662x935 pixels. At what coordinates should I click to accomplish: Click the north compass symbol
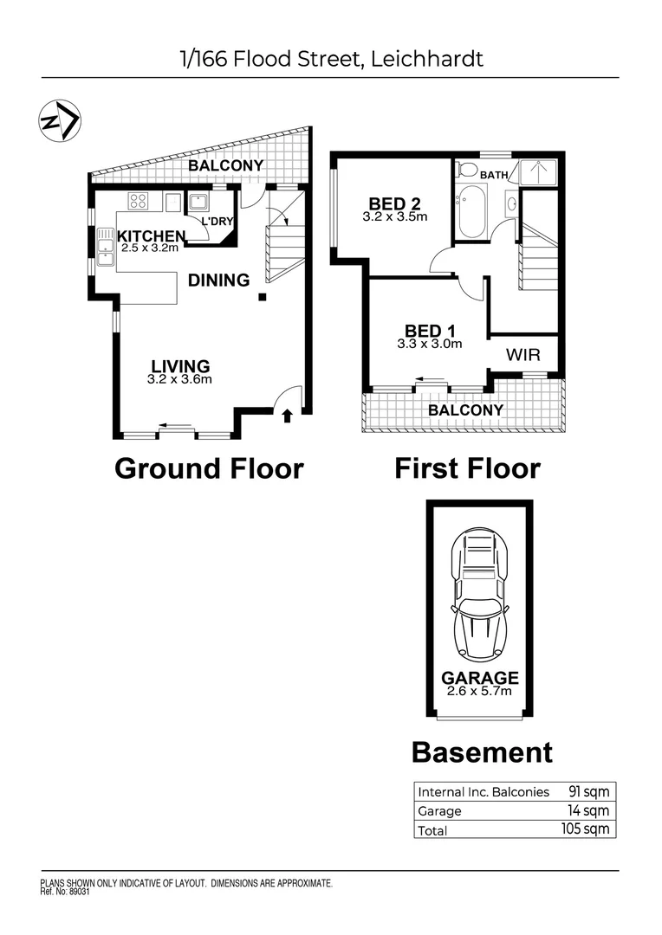[x=60, y=120]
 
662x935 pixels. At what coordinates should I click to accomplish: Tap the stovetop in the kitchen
[x=139, y=202]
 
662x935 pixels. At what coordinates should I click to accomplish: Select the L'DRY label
[x=217, y=222]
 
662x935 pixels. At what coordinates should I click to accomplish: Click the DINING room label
[x=218, y=280]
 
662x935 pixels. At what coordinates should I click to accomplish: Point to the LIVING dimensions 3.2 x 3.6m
[x=180, y=379]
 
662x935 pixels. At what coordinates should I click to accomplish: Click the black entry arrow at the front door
[x=288, y=417]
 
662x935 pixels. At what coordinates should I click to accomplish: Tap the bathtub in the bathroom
[x=473, y=210]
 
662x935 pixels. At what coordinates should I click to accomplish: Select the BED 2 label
[x=394, y=204]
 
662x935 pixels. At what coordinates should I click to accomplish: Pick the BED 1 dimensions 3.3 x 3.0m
[x=429, y=344]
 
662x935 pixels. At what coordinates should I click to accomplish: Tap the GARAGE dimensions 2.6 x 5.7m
[x=479, y=691]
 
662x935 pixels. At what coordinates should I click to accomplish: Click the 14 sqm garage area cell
[x=594, y=810]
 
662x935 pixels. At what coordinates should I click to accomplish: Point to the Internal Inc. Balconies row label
[x=484, y=791]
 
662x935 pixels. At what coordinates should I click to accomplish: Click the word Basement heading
[x=481, y=751]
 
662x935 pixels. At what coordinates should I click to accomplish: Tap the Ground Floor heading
[x=209, y=468]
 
